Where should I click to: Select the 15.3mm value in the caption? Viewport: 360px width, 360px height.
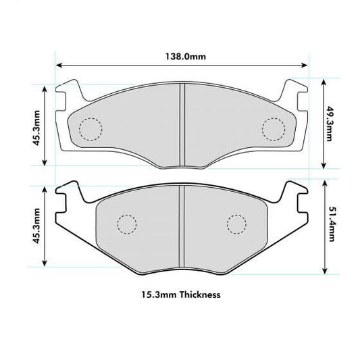coord(156,294)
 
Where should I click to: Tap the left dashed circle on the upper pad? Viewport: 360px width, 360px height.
coord(90,128)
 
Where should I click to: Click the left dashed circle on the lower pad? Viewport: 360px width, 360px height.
coord(126,224)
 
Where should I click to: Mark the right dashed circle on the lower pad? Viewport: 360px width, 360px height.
coord(236,224)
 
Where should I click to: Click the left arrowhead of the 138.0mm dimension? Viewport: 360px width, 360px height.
coord(59,66)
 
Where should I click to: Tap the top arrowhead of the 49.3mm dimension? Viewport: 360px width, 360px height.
coord(325,82)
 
